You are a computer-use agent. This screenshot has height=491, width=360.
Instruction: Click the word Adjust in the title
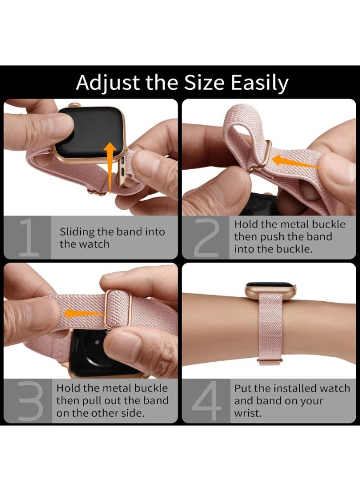click(x=101, y=83)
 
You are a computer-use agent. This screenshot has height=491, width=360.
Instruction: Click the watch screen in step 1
click(x=87, y=131)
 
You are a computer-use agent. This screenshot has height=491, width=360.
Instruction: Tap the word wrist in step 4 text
click(x=248, y=413)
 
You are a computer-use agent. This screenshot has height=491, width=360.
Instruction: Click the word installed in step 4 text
click(x=295, y=388)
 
